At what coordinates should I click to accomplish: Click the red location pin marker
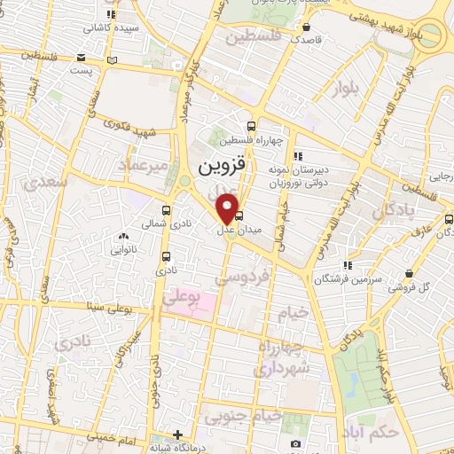(x=228, y=208)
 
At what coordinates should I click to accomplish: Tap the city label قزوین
(x=217, y=166)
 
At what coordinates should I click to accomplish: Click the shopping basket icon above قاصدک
(x=308, y=27)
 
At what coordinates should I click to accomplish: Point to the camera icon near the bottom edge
(x=295, y=442)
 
